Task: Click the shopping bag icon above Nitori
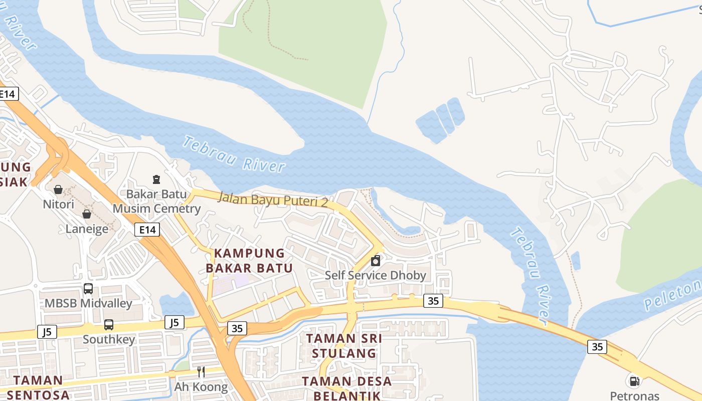point(58,189)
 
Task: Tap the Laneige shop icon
point(87,214)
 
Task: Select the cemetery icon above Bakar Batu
point(156,179)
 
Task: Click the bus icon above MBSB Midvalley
point(88,289)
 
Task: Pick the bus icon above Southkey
point(109,325)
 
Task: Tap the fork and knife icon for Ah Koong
point(201,372)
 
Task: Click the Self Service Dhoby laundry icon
point(375,261)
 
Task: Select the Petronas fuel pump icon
point(634,381)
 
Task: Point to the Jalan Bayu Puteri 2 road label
point(273,199)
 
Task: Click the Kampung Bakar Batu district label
point(249,261)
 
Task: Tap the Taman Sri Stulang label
point(344,345)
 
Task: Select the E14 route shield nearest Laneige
point(147,230)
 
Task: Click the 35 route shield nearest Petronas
point(597,347)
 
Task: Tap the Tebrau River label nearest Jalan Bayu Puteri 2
point(234,154)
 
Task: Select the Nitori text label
point(58,205)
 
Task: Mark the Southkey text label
point(109,339)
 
